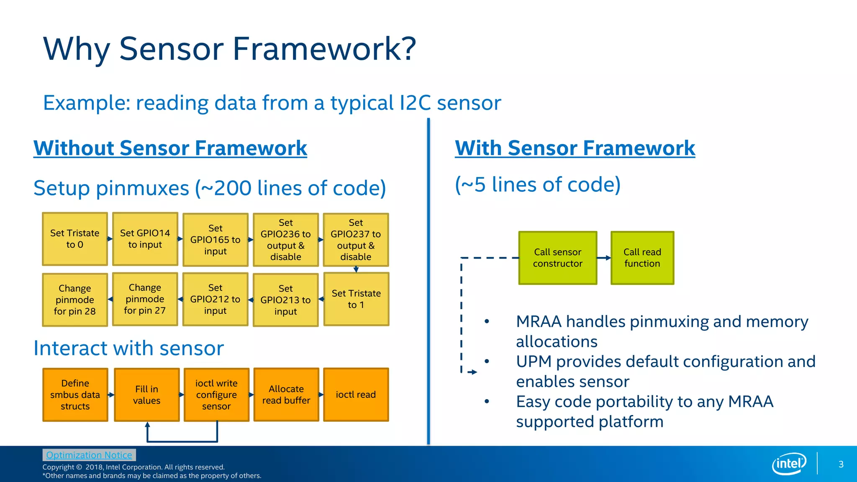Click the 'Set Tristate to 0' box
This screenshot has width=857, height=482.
[75, 239]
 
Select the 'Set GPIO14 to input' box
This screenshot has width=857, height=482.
[145, 239]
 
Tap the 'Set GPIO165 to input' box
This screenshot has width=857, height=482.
[216, 240]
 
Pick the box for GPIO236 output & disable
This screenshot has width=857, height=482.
[286, 240]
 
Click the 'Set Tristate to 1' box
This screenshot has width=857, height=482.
[356, 299]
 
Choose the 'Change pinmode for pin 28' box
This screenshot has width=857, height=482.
[75, 300]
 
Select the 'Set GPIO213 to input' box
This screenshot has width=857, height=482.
[286, 300]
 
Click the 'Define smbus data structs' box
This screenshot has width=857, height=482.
[75, 395]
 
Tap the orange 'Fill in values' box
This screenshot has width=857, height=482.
[147, 395]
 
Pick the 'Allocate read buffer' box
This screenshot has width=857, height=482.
[286, 395]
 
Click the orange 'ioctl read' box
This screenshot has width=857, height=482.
[356, 395]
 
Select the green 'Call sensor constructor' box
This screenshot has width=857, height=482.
[558, 258]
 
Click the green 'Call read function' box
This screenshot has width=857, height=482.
[642, 258]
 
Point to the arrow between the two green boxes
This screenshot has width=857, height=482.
[604, 258]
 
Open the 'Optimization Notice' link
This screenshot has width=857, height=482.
[89, 455]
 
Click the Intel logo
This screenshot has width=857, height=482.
[789, 464]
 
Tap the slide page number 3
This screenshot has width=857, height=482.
[841, 464]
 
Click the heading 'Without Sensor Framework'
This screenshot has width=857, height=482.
[170, 148]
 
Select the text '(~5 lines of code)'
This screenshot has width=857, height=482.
[538, 185]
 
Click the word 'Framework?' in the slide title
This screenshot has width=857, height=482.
[324, 49]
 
